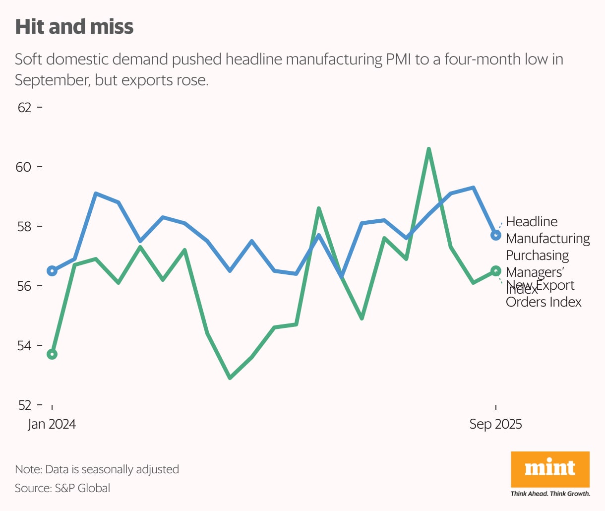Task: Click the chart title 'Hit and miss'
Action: (x=74, y=27)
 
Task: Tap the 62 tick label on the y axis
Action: (x=24, y=108)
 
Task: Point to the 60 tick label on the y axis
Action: (x=24, y=167)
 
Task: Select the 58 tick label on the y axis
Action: (x=24, y=227)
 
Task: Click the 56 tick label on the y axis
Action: (x=24, y=286)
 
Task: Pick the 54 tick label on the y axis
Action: (x=24, y=346)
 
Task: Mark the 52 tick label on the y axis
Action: (x=24, y=405)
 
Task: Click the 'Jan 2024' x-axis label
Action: (x=52, y=424)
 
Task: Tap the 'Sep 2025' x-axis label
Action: (x=495, y=424)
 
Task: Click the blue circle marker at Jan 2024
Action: (x=52, y=271)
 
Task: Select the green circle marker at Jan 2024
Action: (x=52, y=354)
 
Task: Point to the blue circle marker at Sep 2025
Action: (x=495, y=235)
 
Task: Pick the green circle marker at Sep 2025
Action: (x=495, y=271)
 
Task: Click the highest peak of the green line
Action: (x=429, y=149)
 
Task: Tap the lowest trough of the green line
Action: (x=230, y=378)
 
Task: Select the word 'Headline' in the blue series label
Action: (x=532, y=222)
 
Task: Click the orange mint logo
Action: (x=550, y=469)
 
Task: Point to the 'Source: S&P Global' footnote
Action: (x=62, y=488)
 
